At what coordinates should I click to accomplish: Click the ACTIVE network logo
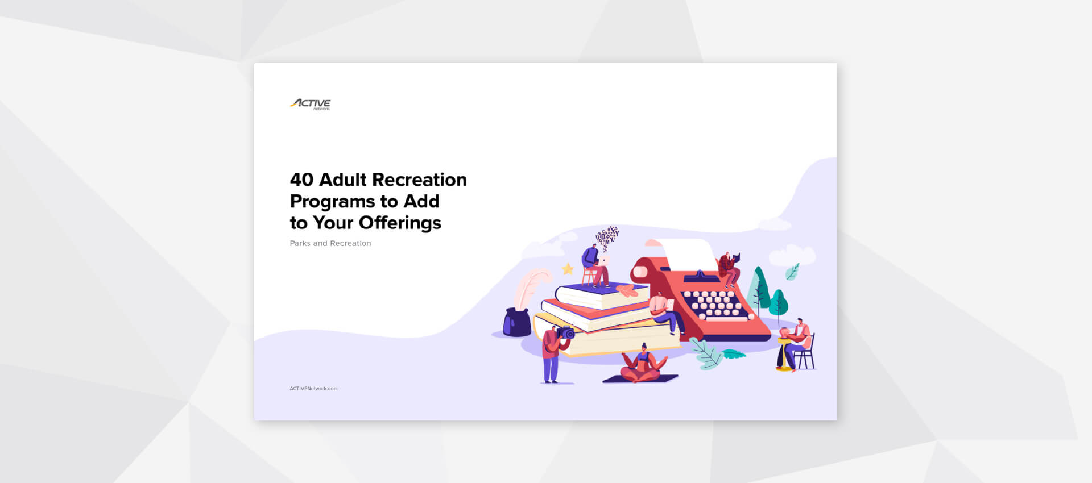pyautogui.click(x=311, y=103)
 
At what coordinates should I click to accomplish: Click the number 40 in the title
pyautogui.click(x=301, y=180)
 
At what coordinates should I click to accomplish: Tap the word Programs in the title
pyautogui.click(x=333, y=202)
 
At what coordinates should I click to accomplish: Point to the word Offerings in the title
pyautogui.click(x=400, y=223)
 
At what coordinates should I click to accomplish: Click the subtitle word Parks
pyautogui.click(x=300, y=243)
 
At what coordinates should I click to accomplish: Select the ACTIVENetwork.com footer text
pyautogui.click(x=313, y=389)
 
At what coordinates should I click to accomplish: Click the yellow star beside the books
pyautogui.click(x=568, y=269)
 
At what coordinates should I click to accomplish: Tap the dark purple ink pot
pyautogui.click(x=517, y=323)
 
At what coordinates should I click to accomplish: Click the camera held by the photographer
pyautogui.click(x=566, y=333)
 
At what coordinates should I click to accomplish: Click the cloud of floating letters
pyautogui.click(x=607, y=236)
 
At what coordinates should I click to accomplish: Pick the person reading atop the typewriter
pyautogui.click(x=728, y=269)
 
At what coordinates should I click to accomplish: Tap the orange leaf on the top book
pyautogui.click(x=627, y=290)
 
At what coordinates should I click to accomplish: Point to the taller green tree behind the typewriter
pyautogui.click(x=759, y=287)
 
